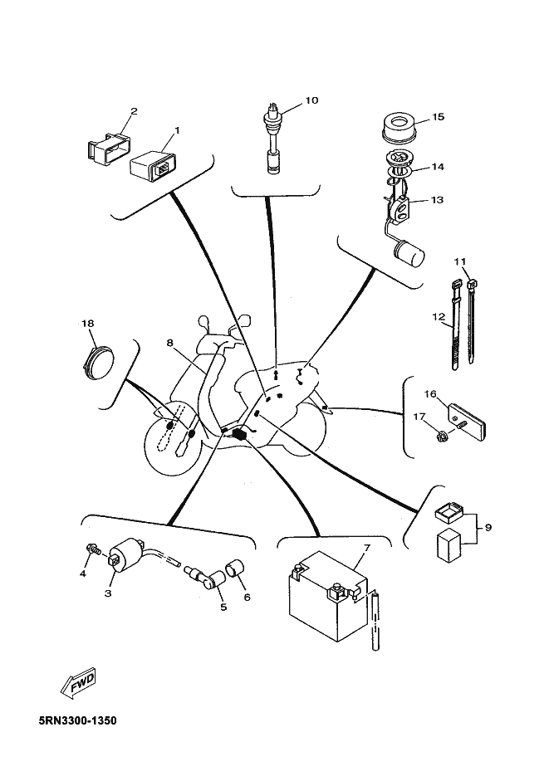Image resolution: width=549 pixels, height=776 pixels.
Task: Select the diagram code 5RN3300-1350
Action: point(78,720)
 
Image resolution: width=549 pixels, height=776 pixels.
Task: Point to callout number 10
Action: point(311,100)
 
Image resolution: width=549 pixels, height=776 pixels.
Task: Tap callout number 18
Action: point(87,324)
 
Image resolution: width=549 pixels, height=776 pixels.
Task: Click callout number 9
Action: point(488,528)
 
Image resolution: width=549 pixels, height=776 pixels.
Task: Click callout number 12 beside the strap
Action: point(439,317)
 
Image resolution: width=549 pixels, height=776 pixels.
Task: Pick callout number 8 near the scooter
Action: point(169,343)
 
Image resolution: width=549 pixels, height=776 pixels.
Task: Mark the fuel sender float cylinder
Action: point(409,252)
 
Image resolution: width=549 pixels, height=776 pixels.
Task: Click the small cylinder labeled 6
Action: point(236,569)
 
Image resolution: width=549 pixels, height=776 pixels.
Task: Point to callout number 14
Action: point(438,167)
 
